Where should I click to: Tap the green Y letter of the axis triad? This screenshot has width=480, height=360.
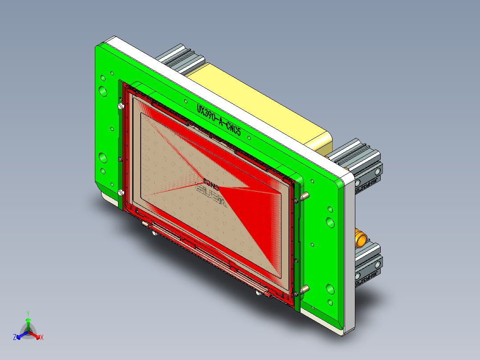28,313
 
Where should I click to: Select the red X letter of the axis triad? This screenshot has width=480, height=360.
41,337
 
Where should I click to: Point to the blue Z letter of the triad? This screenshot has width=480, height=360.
15,337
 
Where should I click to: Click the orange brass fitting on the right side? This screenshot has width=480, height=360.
360,238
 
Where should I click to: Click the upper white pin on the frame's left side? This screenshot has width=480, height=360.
121,107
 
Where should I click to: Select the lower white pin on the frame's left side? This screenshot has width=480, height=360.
120,193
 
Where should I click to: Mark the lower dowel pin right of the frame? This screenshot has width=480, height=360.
303,290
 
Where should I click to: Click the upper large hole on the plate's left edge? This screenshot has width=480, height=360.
103,91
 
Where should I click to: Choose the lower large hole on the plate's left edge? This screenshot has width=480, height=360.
103,158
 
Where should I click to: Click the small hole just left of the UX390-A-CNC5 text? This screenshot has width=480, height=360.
185,102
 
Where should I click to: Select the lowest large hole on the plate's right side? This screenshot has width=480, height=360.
330,289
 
